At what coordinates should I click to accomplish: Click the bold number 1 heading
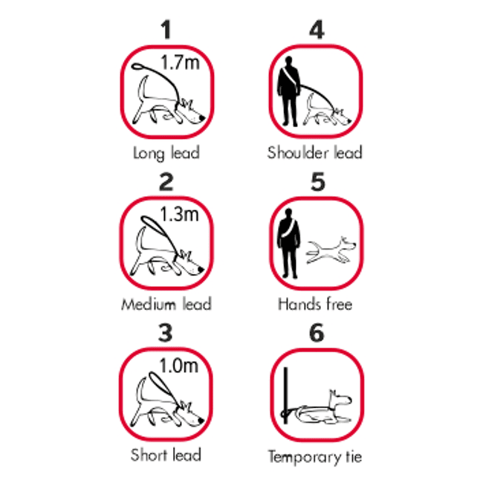[166, 30]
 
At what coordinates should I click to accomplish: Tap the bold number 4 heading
[317, 30]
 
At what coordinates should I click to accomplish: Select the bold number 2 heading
[166, 181]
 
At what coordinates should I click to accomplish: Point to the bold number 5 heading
[317, 181]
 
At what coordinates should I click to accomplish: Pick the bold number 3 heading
[166, 333]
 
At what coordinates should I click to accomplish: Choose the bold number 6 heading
[317, 333]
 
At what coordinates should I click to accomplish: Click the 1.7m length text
[181, 62]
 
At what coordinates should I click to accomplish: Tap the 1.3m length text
[180, 214]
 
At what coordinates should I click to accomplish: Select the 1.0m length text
[179, 366]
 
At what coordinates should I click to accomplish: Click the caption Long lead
[166, 153]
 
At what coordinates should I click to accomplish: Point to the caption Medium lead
[166, 304]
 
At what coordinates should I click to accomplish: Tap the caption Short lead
[166, 455]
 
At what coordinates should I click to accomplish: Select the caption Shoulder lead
[315, 152]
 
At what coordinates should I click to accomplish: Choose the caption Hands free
[315, 304]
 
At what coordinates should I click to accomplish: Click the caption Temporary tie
[315, 456]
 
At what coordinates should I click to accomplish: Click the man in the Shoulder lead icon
[289, 91]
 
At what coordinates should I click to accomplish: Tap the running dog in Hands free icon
[331, 250]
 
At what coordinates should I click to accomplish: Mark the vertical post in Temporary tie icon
[286, 395]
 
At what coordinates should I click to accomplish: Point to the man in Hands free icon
[289, 243]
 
